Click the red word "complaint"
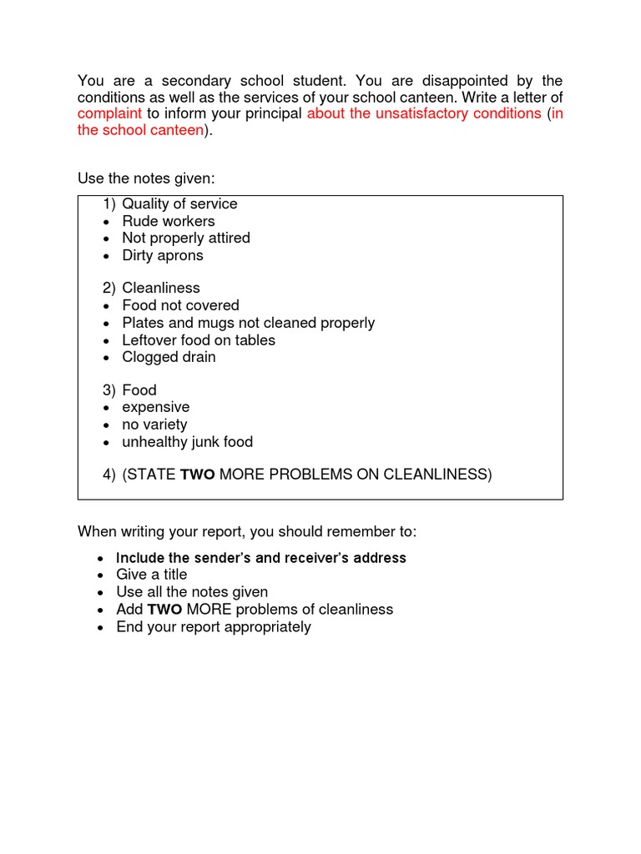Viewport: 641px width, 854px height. click(110, 113)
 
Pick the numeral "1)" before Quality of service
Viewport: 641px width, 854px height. click(110, 204)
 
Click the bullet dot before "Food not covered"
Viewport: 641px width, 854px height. click(107, 306)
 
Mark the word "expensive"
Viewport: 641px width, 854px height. click(156, 408)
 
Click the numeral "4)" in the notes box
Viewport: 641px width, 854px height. click(110, 475)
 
